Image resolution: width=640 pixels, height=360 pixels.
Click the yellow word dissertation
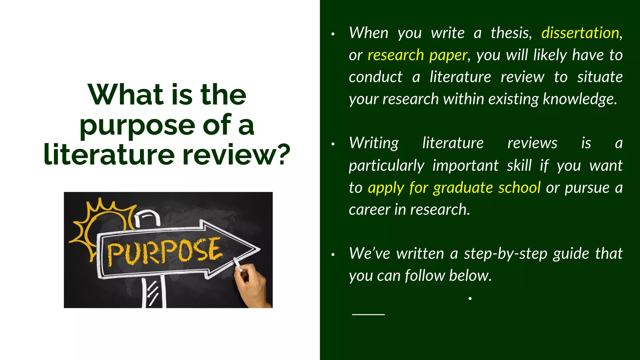click(580, 33)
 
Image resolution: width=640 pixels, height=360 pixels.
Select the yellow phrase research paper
click(417, 55)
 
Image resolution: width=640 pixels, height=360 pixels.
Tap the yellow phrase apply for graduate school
click(454, 187)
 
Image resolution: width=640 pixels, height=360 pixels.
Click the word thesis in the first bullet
click(511, 33)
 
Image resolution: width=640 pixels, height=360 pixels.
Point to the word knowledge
click(580, 99)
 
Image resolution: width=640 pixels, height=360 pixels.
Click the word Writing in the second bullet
click(374, 143)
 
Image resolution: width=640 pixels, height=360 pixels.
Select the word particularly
click(387, 166)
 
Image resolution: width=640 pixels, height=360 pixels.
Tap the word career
click(369, 209)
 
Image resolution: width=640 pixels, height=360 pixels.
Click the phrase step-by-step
click(505, 253)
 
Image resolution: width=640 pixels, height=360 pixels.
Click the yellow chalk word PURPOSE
click(164, 252)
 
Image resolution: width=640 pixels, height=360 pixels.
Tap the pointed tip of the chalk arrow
click(259, 249)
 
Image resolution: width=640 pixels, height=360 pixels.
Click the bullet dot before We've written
click(333, 255)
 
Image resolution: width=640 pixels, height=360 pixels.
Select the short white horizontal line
click(368, 314)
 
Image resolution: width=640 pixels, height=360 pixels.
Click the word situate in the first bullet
click(600, 77)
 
